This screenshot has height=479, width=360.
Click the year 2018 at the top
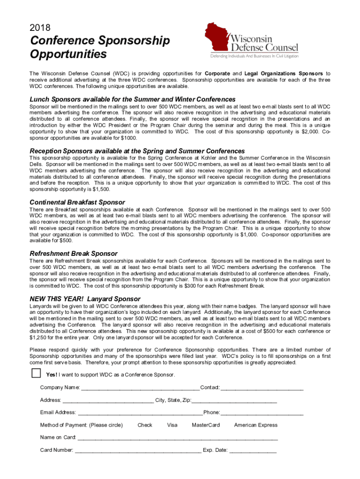pyautogui.click(x=40, y=28)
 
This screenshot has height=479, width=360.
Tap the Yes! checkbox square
pyautogui.click(x=36, y=373)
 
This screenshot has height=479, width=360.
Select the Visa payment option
pyautogui.click(x=172, y=425)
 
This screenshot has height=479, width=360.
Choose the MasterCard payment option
pyautogui.click(x=206, y=425)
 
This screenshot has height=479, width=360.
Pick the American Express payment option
pyautogui.click(x=256, y=425)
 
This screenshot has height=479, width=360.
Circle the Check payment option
pyautogui.click(x=145, y=425)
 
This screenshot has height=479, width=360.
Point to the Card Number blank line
pyautogui.click(x=138, y=451)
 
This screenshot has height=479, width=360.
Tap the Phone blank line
pyautogui.click(x=262, y=413)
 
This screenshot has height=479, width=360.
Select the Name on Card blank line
pyautogui.click(x=178, y=438)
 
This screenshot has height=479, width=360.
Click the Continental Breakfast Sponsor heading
pyautogui.click(x=77, y=202)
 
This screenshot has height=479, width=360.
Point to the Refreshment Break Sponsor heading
pyautogui.click(x=73, y=254)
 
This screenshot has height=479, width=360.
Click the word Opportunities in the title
pyautogui.click(x=68, y=55)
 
